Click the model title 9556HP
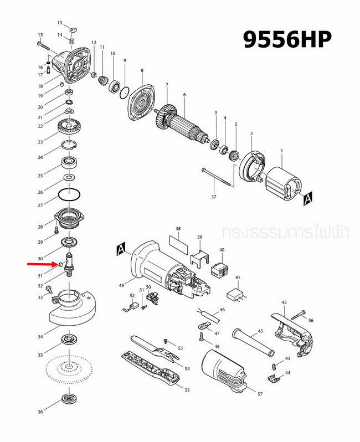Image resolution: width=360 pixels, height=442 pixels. coord(287,39)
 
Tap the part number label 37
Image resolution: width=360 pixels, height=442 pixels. coord(214,197)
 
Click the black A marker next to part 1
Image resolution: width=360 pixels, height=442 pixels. coord(308,197)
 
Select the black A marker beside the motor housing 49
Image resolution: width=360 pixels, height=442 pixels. coord(122,251)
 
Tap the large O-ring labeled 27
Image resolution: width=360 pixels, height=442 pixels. coord(70,196)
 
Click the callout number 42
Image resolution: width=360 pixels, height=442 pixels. coord(284,303)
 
